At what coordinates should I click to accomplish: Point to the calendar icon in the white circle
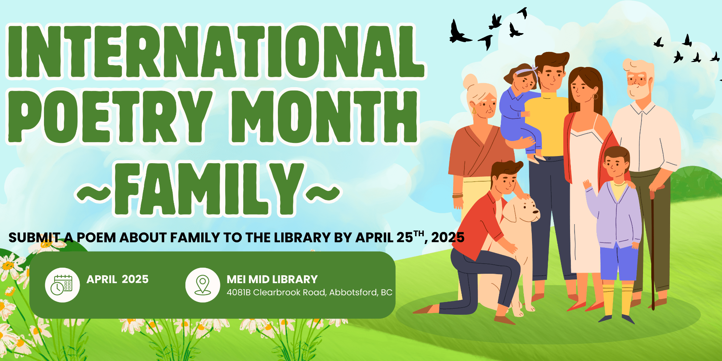click(x=62, y=285)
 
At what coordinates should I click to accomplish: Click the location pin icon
click(x=203, y=285)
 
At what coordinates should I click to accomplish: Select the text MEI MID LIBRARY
click(x=272, y=279)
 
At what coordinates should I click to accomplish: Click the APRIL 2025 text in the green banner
click(x=118, y=279)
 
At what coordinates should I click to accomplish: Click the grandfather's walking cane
click(x=653, y=248)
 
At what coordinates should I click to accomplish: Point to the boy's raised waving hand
click(x=587, y=184)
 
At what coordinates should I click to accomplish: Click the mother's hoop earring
click(x=595, y=97)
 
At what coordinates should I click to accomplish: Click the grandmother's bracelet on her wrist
click(x=458, y=195)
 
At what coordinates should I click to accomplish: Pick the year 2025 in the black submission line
click(x=448, y=238)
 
